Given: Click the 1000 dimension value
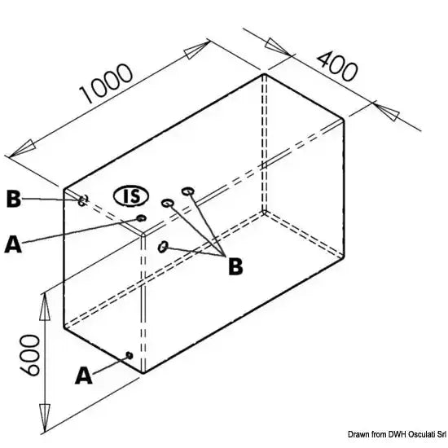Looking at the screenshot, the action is (x=106, y=83).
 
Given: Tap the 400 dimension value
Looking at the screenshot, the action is (x=337, y=66).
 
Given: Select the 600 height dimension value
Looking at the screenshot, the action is (x=29, y=355).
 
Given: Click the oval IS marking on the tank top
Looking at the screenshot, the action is (x=131, y=196).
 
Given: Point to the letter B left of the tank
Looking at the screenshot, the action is (x=13, y=199).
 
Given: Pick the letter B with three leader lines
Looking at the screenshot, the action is (x=235, y=266).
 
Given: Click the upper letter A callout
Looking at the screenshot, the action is (x=13, y=244).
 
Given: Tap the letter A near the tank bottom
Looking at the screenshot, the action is (x=84, y=376).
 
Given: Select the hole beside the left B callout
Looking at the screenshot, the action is (x=82, y=200).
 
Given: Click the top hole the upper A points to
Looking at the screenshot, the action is (x=142, y=218).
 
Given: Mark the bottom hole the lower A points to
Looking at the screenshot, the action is (x=130, y=355).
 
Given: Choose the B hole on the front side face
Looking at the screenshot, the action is (x=163, y=247).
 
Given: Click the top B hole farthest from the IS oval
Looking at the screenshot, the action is (x=187, y=191).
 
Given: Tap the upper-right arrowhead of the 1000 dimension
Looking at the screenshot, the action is (x=197, y=50).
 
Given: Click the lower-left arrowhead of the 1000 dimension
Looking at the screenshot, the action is (x=22, y=148).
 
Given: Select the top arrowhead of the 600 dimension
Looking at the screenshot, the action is (x=45, y=306).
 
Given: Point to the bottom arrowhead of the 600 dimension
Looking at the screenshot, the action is (x=45, y=418).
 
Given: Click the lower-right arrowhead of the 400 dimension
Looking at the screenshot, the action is (x=387, y=112).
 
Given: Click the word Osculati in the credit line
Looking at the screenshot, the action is (x=421, y=435).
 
